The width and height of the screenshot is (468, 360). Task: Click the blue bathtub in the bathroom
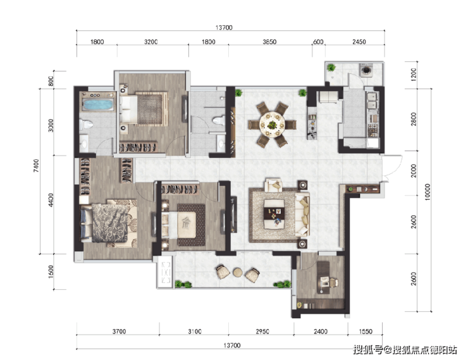[98, 104]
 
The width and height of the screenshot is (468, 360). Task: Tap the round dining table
[272, 124]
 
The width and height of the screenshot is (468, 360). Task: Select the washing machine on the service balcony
[366, 70]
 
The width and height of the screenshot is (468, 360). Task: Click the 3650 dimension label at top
[269, 42]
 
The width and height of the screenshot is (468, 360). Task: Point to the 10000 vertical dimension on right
[428, 192]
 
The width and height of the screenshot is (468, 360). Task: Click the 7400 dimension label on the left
[36, 166]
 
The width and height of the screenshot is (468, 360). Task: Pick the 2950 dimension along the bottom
[262, 332]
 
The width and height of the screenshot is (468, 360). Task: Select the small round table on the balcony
[238, 273]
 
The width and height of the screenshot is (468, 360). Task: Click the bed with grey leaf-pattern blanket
[109, 223]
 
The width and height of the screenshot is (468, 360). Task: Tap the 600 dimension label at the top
[318, 42]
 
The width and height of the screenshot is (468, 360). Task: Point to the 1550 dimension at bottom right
[366, 332]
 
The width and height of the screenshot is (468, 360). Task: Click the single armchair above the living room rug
[273, 185]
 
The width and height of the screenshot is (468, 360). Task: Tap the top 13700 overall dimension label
[223, 27]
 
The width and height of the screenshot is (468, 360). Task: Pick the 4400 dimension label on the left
[51, 200]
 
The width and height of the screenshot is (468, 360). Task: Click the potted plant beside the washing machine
[331, 68]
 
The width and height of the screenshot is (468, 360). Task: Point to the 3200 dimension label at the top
[151, 42]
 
